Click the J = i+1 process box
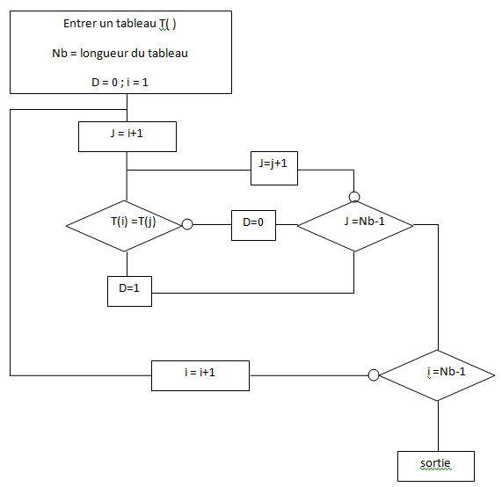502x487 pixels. [x=127, y=136]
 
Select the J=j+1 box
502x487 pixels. [x=274, y=168]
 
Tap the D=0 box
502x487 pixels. [x=253, y=225]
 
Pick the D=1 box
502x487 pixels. [x=129, y=291]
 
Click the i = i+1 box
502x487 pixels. [x=200, y=375]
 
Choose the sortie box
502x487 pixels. [x=436, y=466]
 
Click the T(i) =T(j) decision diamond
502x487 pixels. [x=125, y=226]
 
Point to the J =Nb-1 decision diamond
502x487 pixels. [x=355, y=226]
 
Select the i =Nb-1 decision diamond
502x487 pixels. [x=437, y=375]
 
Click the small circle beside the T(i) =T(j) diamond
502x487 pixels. [x=187, y=224]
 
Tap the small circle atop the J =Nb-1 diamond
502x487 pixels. [x=354, y=197]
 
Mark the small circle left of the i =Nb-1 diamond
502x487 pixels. [x=374, y=375]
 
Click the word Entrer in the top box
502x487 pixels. [x=79, y=24]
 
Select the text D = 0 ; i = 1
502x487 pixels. [x=120, y=83]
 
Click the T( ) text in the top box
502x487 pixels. [x=167, y=24]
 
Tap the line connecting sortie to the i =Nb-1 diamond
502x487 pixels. [x=438, y=425]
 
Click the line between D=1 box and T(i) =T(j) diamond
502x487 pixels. [x=127, y=264]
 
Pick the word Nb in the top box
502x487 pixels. [x=60, y=53]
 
